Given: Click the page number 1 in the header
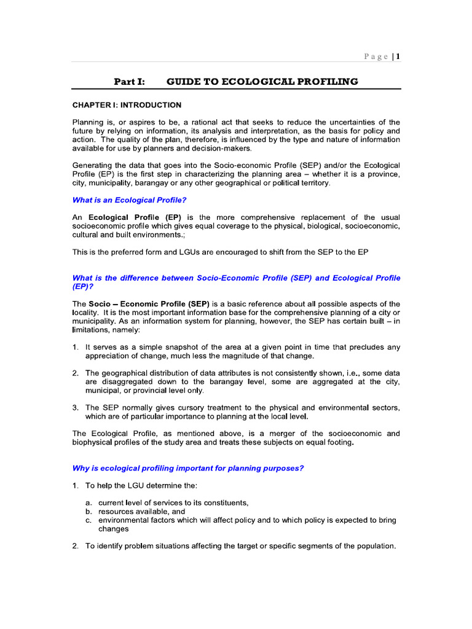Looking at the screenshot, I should point(398,57).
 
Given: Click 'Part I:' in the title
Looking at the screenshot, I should point(129,82).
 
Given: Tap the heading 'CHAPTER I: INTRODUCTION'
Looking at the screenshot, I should point(127,105).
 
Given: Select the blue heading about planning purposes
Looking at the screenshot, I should point(188,468).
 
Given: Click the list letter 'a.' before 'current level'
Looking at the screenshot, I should point(88,503).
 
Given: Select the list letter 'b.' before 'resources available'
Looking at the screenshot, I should point(88,512).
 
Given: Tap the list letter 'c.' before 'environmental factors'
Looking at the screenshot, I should point(88,520).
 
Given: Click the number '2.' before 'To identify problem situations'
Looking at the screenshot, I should point(75,546).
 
